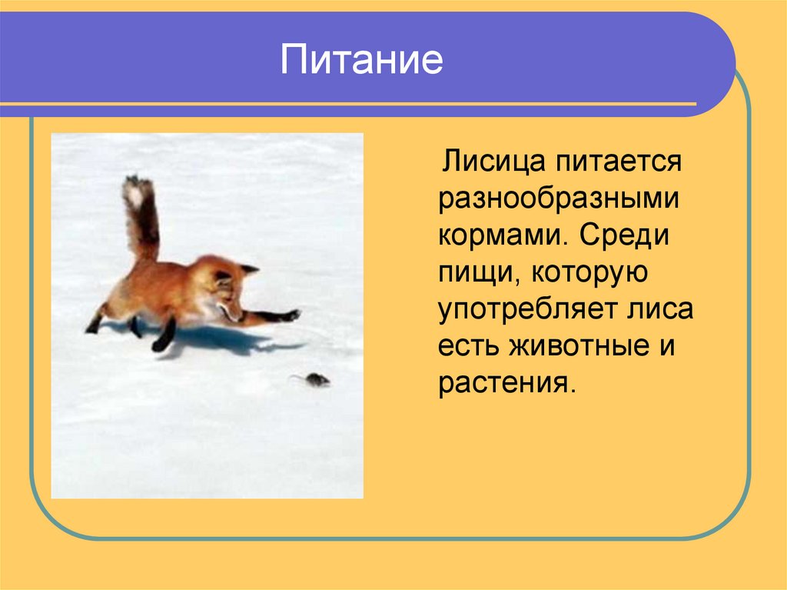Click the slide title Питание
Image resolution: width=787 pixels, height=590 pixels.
pyautogui.click(x=361, y=59)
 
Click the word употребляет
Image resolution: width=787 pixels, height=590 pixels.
pyautogui.click(x=525, y=309)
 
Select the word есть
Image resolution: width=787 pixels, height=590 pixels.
pyautogui.click(x=469, y=346)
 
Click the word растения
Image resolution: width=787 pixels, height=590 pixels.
pyautogui.click(x=506, y=382)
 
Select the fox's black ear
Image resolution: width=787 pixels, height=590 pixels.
pyautogui.click(x=247, y=269)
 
